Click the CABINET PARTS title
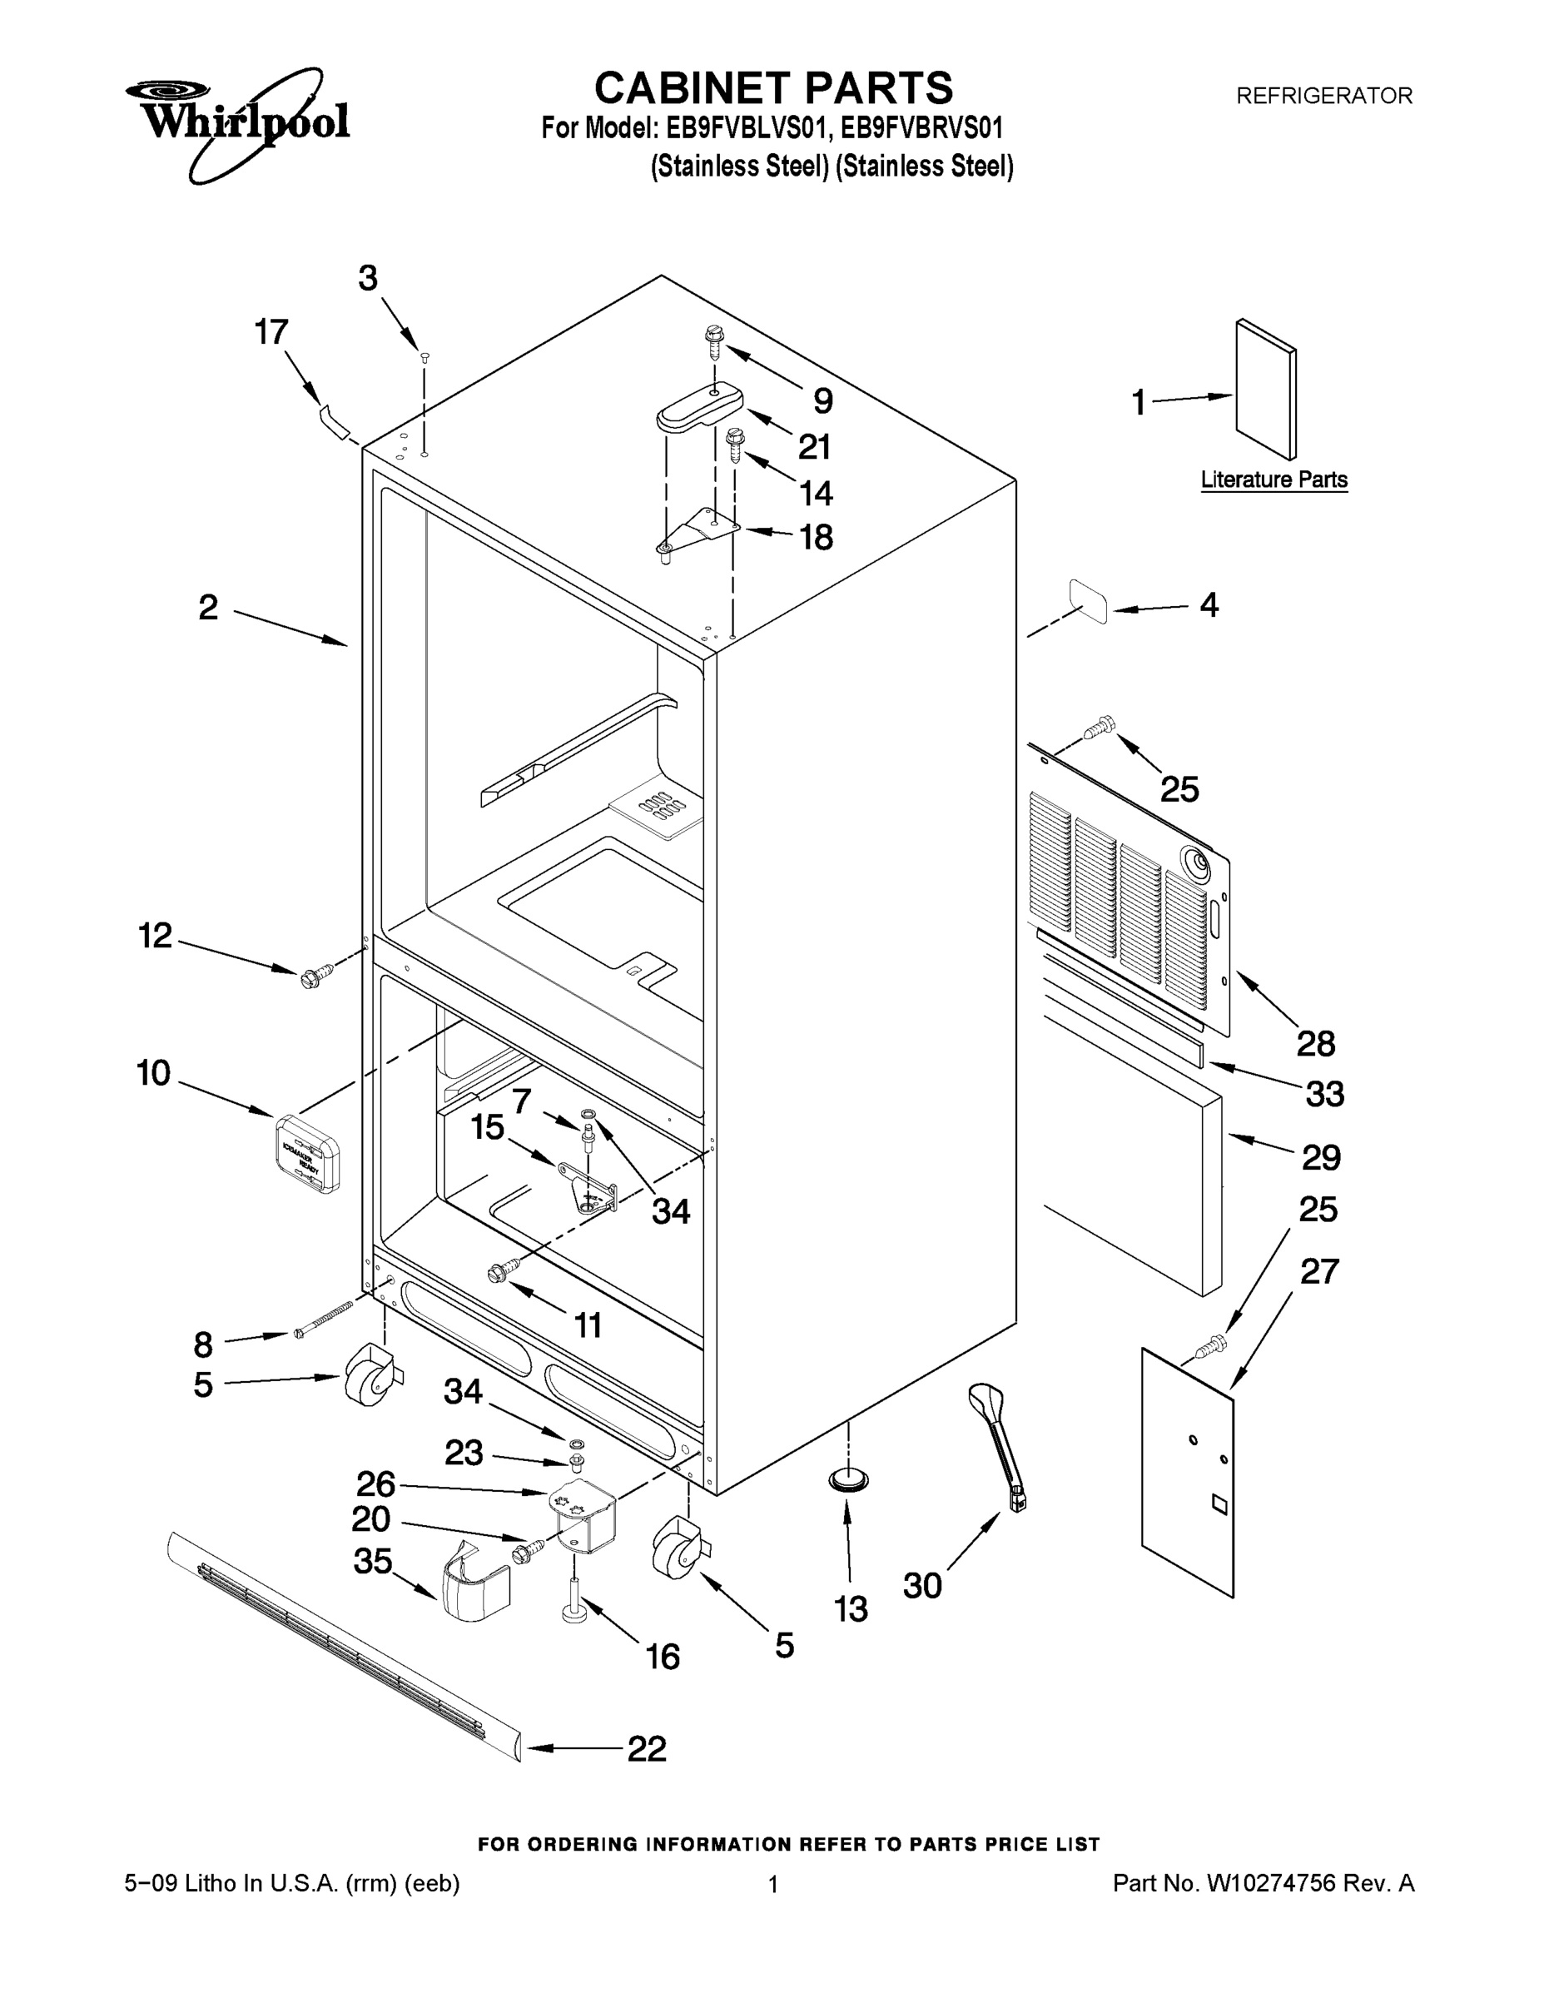tap(773, 89)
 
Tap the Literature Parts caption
tap(1273, 480)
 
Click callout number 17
tap(271, 332)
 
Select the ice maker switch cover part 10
tap(307, 1153)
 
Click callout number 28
tap(1315, 1043)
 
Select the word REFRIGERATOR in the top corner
tap(1323, 95)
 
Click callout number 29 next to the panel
tap(1321, 1157)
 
